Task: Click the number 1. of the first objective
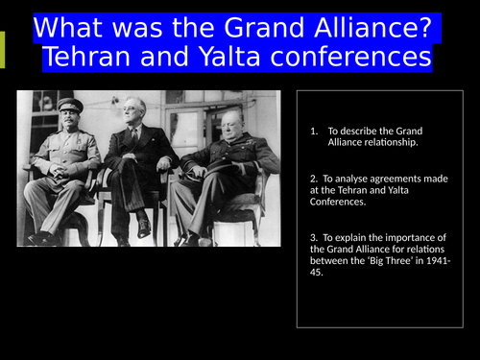[x=315, y=131]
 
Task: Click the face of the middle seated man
[x=135, y=112]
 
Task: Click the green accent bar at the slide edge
[x=2, y=49]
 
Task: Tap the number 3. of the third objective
[x=313, y=236]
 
